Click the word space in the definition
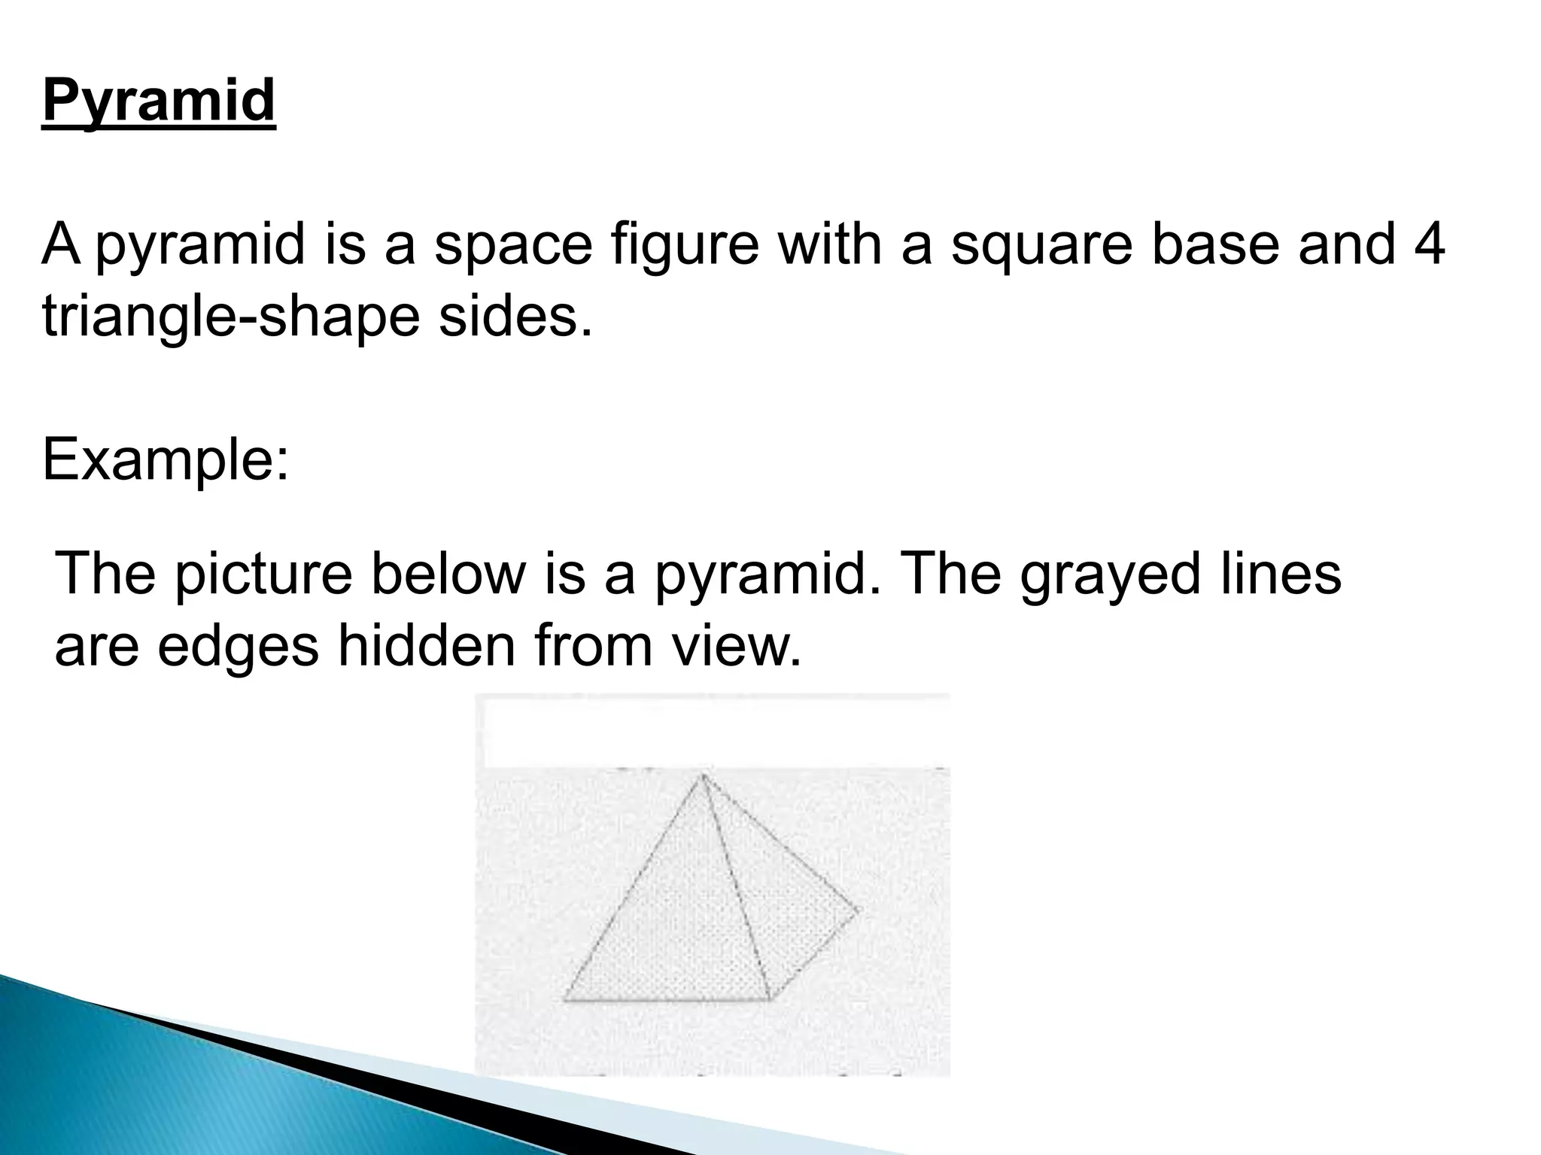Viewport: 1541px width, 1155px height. (x=513, y=247)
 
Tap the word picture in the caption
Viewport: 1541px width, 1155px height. (x=264, y=576)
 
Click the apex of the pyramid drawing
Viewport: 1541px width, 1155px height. (x=703, y=775)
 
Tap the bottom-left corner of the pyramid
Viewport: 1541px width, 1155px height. (x=564, y=999)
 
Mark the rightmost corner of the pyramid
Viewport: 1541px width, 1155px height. (x=856, y=912)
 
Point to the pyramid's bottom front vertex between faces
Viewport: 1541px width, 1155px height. (x=768, y=999)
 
